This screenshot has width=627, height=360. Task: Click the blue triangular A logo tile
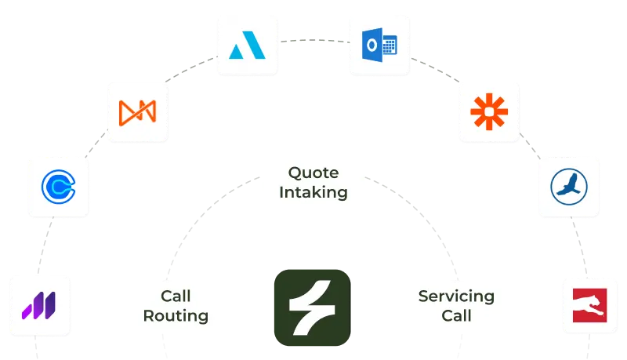[247, 45]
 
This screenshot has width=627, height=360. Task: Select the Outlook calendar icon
[379, 45]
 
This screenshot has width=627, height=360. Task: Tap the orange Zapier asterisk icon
[489, 112]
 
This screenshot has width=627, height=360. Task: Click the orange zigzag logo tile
[137, 111]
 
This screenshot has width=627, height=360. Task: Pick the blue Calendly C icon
[56, 187]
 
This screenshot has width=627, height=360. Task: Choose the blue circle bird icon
[569, 187]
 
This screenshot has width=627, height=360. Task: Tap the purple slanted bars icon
[38, 303]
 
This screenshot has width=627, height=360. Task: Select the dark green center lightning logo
[310, 303]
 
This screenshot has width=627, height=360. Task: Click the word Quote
[313, 173]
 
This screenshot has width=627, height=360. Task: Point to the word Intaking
[313, 191]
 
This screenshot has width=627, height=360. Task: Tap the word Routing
[176, 316]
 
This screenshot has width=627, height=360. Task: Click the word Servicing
[456, 296]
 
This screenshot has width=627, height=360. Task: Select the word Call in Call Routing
[176, 296]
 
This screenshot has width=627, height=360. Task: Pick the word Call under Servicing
[456, 316]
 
